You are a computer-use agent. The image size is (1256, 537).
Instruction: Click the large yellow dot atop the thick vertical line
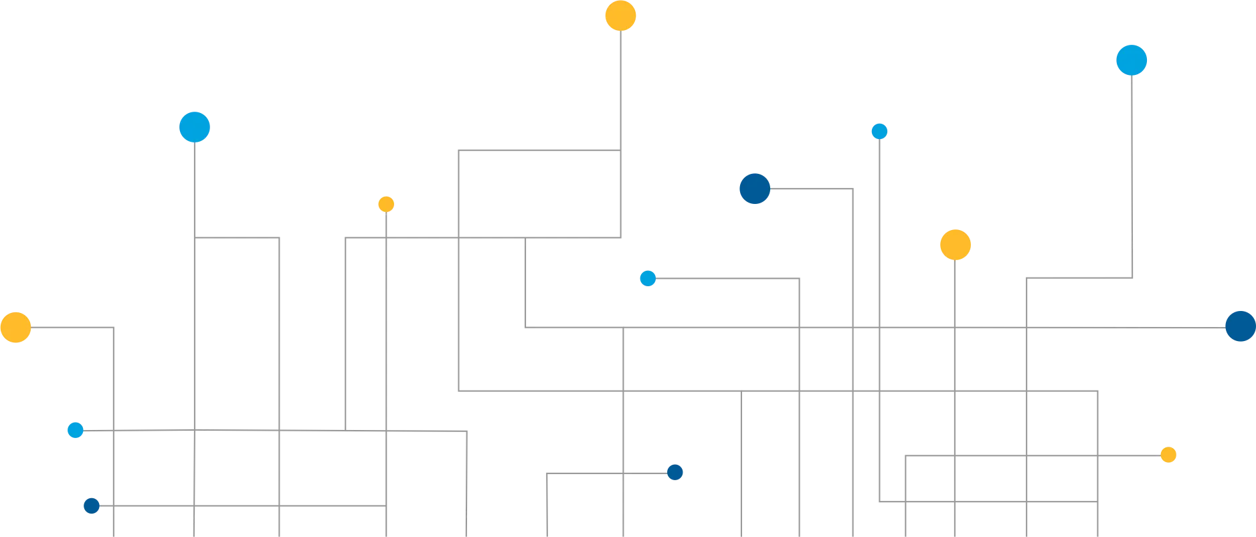[620, 15]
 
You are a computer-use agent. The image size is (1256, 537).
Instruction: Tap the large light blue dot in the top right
[1131, 60]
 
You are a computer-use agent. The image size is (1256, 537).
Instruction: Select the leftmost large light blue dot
[195, 126]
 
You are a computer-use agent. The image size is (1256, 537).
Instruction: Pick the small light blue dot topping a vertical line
[879, 131]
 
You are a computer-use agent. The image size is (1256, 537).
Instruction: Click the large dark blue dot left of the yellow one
[754, 189]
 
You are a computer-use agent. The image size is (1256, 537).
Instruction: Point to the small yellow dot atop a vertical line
[386, 204]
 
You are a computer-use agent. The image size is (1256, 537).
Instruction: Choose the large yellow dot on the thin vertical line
[955, 245]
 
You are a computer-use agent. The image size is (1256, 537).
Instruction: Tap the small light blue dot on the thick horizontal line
[648, 278]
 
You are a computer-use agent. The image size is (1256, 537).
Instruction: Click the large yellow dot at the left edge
[15, 328]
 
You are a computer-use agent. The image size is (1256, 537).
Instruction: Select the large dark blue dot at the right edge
[1240, 326]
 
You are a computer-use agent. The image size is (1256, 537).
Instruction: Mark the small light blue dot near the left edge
[75, 429]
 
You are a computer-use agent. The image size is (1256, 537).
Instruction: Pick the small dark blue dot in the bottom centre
[675, 472]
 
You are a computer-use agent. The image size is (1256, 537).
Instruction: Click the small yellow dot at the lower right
[1168, 455]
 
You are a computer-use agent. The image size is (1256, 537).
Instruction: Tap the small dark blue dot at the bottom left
[90, 506]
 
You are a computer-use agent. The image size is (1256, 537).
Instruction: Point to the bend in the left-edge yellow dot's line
[115, 329]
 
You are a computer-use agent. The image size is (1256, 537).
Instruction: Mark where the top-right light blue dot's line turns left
[1132, 278]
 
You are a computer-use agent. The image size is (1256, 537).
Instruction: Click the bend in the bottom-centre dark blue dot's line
[549, 474]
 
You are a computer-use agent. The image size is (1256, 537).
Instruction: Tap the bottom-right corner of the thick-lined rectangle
[1097, 391]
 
